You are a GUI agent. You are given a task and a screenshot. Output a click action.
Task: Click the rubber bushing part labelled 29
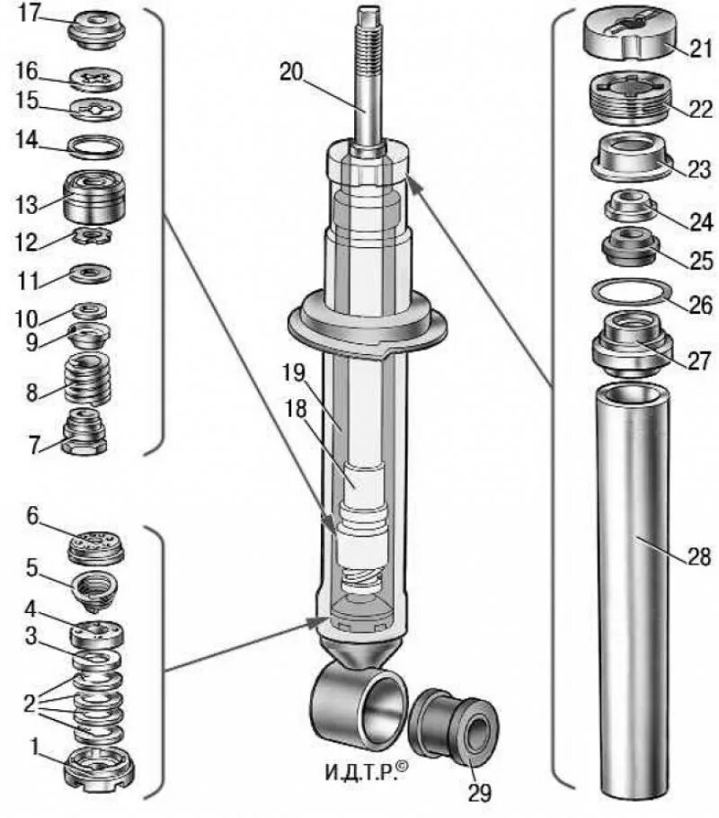(455, 728)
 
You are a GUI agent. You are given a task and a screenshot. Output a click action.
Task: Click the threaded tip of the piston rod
(368, 27)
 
